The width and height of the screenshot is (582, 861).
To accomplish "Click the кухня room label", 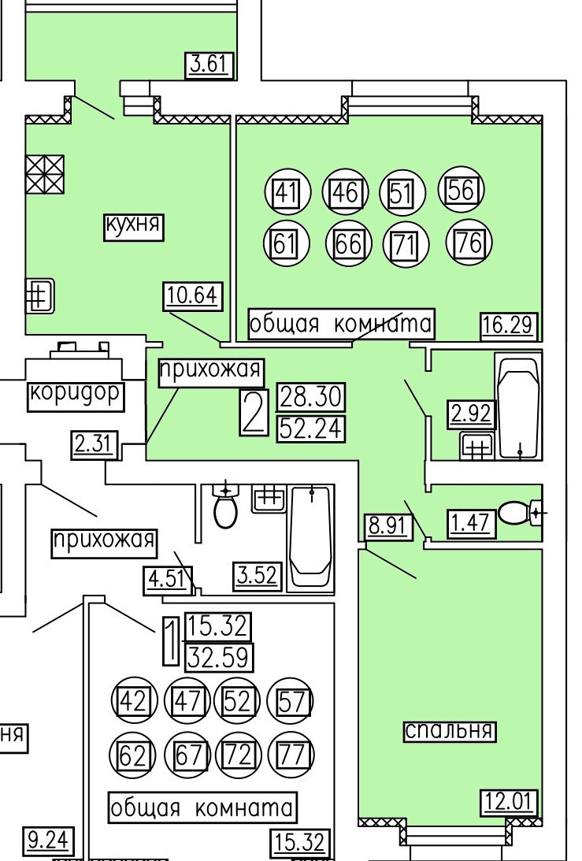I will (133, 226).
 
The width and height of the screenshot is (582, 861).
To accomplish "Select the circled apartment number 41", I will (285, 191).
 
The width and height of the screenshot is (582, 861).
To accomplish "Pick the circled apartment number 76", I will (469, 243).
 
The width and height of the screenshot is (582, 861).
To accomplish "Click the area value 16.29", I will (510, 325).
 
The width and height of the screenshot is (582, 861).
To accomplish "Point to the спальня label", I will (450, 730).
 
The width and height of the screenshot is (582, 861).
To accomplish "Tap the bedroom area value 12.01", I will (509, 804).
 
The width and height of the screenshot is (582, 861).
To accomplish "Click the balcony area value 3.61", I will (210, 64).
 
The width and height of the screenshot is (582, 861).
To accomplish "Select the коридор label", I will (76, 394).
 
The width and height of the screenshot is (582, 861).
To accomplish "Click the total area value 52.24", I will (312, 426).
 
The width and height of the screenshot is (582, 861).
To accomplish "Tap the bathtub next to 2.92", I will (518, 406).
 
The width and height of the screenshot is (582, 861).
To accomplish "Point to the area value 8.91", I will (388, 525).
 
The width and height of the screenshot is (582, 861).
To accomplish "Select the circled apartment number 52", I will (236, 700).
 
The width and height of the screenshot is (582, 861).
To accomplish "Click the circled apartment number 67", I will (187, 756).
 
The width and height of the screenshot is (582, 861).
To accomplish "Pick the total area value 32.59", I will (217, 655).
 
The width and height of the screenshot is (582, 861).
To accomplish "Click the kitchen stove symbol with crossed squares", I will (44, 174).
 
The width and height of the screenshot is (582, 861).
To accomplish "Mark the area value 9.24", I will (48, 842).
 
